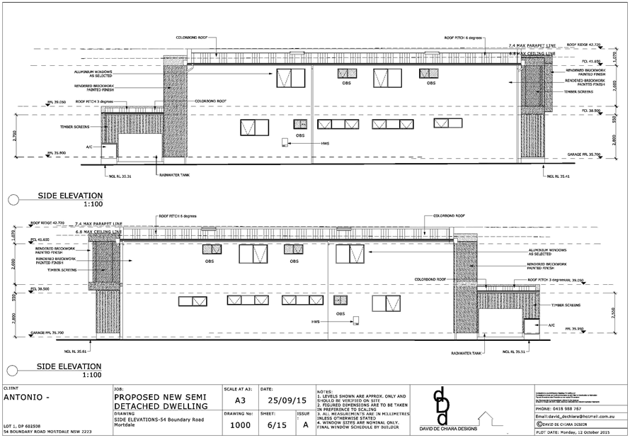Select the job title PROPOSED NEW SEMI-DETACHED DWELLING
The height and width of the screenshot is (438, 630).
tap(160, 401)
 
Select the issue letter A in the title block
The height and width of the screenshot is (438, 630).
tap(304, 425)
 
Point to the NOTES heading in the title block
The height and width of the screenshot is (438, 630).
tap(326, 391)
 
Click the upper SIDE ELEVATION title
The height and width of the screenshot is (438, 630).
tap(70, 196)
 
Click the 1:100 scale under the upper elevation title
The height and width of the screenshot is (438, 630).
tap(93, 203)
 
